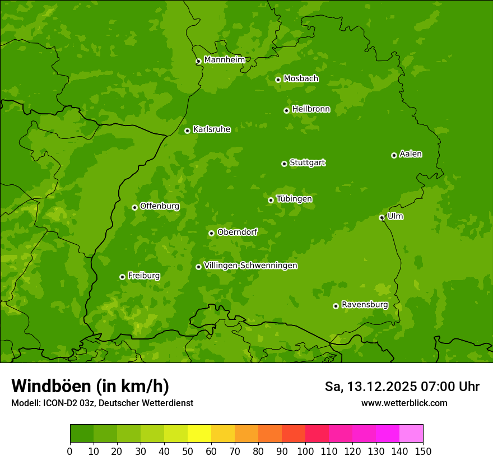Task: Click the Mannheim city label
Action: tap(224, 60)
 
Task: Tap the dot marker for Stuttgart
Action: tap(284, 164)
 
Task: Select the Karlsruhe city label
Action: tap(211, 129)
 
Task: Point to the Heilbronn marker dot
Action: tap(286, 110)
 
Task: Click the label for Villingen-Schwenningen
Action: tap(250, 266)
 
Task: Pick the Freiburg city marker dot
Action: tap(122, 277)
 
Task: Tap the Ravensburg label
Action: tap(365, 305)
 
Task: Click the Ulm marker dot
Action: tap(382, 217)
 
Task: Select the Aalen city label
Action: tap(411, 154)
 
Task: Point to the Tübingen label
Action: tap(294, 199)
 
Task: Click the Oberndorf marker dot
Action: tap(211, 233)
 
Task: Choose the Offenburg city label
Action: tap(160, 206)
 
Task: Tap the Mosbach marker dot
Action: tap(278, 80)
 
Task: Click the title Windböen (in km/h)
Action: tap(90, 386)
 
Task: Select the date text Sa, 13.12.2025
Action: tap(370, 387)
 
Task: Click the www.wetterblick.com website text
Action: tap(404, 403)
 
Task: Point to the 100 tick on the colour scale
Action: tap(305, 451)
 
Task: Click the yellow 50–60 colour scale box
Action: tap(199, 433)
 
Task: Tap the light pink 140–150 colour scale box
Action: tap(411, 433)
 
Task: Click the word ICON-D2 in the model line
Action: tap(58, 403)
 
